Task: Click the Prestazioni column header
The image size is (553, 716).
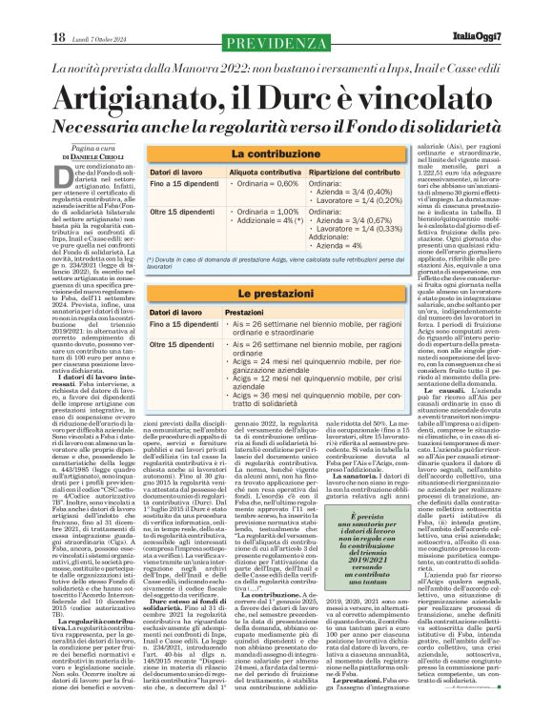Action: click(244, 313)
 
